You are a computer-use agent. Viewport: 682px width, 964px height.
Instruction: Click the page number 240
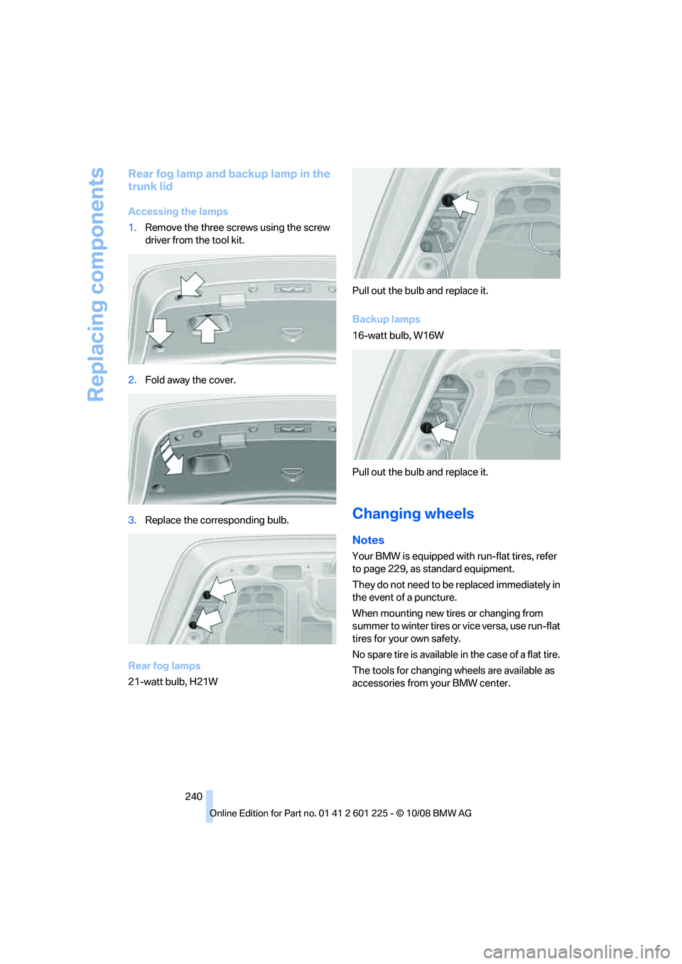pyautogui.click(x=193, y=796)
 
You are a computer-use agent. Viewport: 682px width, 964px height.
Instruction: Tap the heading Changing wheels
pyautogui.click(x=413, y=514)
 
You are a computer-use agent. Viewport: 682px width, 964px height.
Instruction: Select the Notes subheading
pyautogui.click(x=368, y=540)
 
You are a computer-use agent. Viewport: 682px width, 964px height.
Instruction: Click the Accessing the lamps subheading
pyautogui.click(x=178, y=212)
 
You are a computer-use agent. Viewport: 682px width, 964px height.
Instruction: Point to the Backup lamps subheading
pyautogui.click(x=386, y=319)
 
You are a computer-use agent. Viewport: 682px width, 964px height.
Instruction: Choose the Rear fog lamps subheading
pyautogui.click(x=164, y=666)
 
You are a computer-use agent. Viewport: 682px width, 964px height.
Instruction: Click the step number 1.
pyautogui.click(x=132, y=228)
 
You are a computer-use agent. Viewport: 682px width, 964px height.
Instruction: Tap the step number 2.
pyautogui.click(x=132, y=380)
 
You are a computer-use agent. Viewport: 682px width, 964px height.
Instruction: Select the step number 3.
pyautogui.click(x=132, y=520)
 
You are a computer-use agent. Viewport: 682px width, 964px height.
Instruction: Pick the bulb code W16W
pyautogui.click(x=428, y=336)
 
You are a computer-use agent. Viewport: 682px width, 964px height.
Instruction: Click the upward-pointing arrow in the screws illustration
pyautogui.click(x=207, y=329)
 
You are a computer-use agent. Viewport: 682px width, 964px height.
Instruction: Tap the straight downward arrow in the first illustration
pyautogui.click(x=159, y=331)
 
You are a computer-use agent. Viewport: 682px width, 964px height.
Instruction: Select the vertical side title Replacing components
pyautogui.click(x=96, y=284)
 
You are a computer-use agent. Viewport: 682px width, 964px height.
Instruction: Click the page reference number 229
pyautogui.click(x=396, y=569)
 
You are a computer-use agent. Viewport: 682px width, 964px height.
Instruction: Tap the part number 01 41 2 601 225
pyautogui.click(x=353, y=814)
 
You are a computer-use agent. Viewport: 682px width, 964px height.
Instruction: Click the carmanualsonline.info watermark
pyautogui.click(x=576, y=951)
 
